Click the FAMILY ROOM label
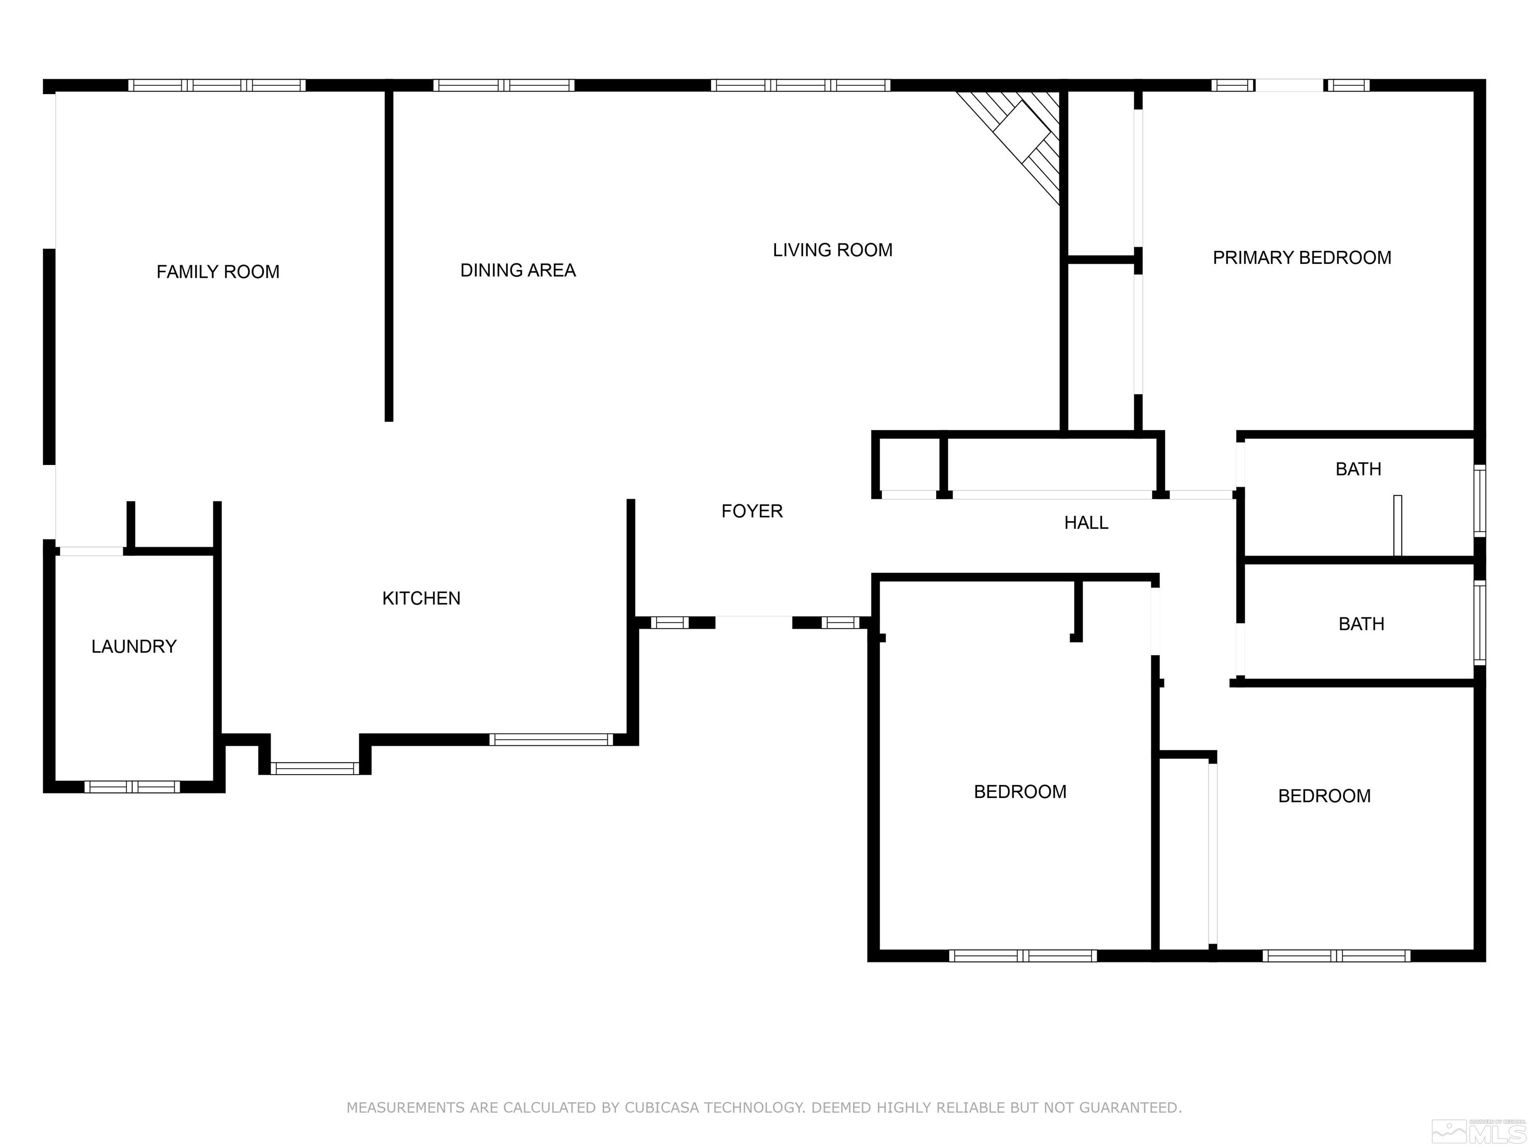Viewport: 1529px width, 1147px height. pos(218,272)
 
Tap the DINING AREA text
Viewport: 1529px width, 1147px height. pos(518,270)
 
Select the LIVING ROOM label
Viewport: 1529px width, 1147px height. pos(832,250)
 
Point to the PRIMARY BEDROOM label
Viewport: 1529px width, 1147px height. pos(1302,258)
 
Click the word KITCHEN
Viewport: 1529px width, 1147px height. pos(421,598)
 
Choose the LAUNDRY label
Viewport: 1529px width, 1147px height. pos(134,647)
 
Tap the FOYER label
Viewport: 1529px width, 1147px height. pos(752,511)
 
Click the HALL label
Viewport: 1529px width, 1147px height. pos(1086,523)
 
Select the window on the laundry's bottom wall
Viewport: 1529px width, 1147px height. pos(132,786)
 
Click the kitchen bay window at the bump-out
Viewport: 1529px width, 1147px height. pos(315,768)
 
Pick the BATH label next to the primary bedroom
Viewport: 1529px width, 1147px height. pos(1358,469)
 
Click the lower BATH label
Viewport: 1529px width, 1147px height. pos(1361,624)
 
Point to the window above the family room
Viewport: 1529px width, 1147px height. pos(217,86)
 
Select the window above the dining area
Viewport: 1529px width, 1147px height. pos(504,86)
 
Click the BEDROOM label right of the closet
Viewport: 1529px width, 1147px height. pos(1324,796)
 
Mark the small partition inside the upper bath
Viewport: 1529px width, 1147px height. pos(1397,525)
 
